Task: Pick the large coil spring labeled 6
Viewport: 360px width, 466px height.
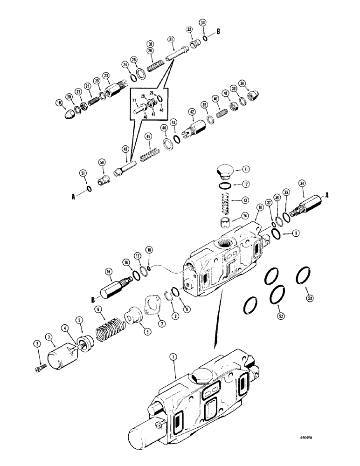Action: pos(108,331)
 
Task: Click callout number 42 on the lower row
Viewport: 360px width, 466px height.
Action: pos(191,112)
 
